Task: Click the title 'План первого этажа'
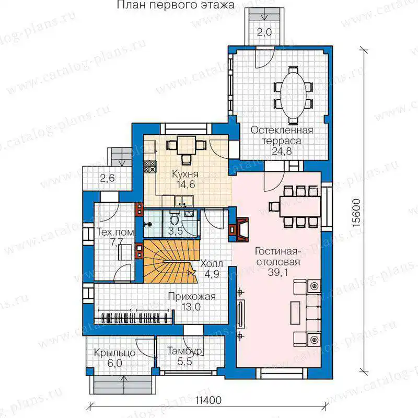176,5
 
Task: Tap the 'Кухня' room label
185,174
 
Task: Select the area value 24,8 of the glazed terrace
282,151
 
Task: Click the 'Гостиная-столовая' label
278,257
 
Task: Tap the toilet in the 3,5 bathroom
175,218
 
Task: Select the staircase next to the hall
171,261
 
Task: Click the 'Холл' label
212,264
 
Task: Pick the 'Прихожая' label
192,296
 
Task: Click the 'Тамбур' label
184,351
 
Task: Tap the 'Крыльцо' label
114,353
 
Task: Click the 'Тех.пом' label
115,232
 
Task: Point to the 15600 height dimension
356,213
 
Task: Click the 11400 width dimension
208,400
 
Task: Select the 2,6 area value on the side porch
108,178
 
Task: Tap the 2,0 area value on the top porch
264,32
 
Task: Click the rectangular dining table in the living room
300,206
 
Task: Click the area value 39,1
277,272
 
